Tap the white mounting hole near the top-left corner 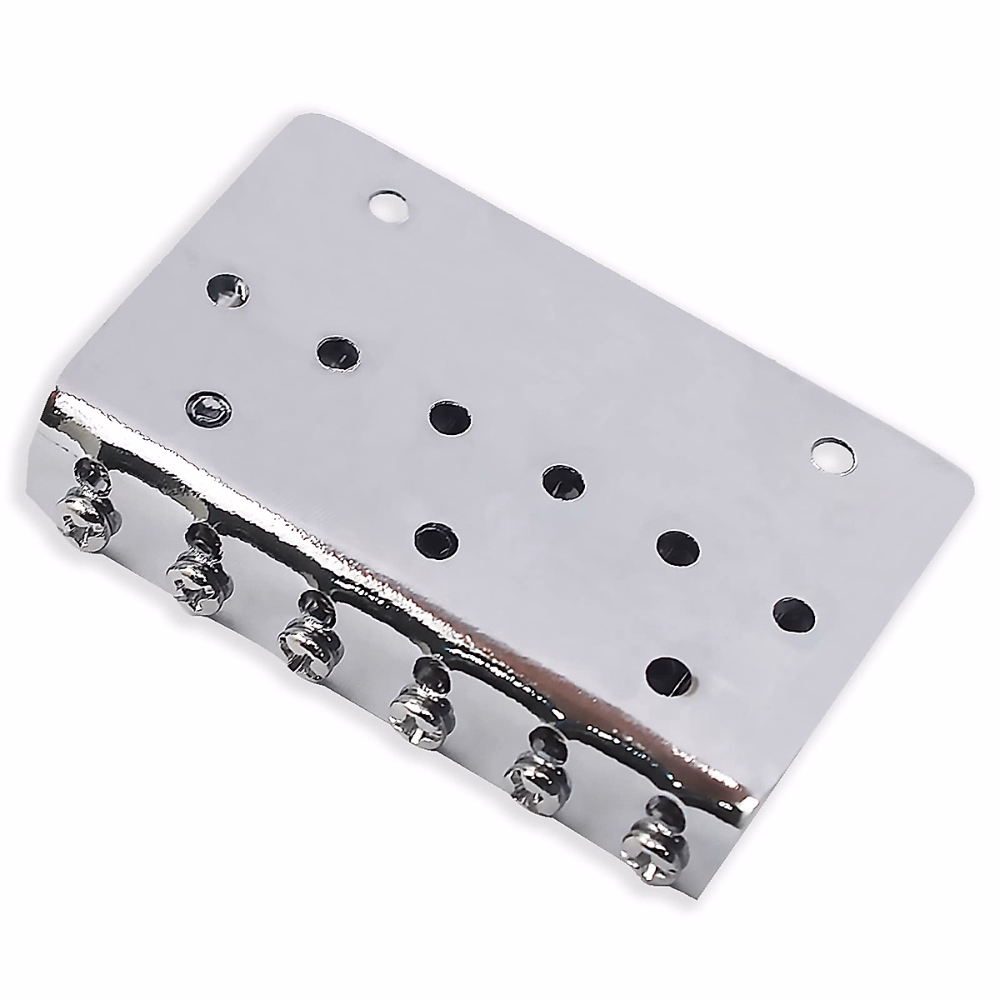[389, 207]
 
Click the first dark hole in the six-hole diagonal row [228, 290]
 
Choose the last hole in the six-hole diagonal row [794, 614]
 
